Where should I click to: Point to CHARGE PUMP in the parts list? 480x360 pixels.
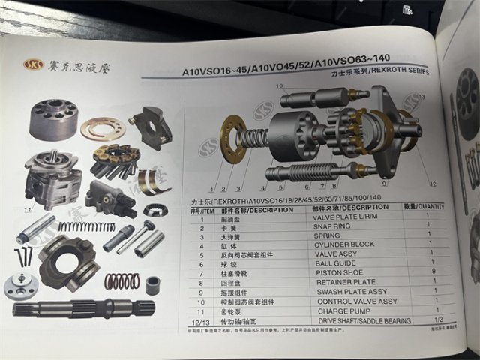[340, 310]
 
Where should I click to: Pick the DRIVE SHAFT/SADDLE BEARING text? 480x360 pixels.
[364, 321]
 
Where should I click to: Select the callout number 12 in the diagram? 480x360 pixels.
[433, 183]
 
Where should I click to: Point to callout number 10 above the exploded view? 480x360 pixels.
[280, 86]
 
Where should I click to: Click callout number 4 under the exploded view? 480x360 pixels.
[262, 186]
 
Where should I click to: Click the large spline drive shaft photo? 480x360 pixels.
[82, 308]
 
